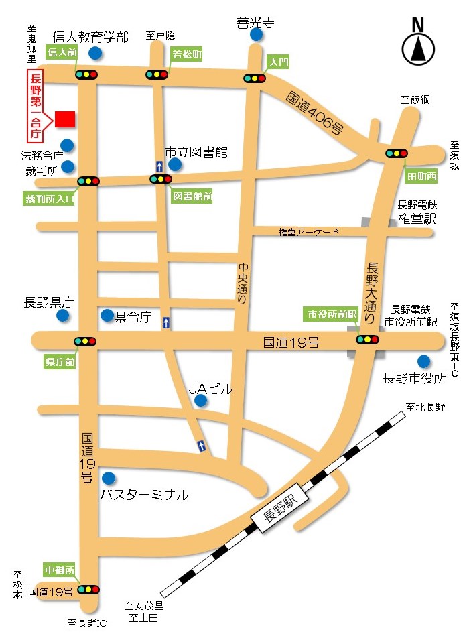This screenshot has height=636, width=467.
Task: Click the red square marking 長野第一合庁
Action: click(x=65, y=119)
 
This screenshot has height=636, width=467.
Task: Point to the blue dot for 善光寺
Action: click(x=255, y=35)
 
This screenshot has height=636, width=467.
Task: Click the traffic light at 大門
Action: click(x=255, y=79)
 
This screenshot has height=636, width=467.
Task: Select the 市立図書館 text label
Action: click(x=197, y=153)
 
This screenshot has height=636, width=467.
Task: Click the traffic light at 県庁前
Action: click(x=86, y=342)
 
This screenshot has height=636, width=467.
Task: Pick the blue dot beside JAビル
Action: click(x=200, y=401)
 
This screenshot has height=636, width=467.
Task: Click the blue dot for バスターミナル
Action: click(x=109, y=478)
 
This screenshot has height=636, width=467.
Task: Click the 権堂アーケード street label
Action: click(x=309, y=232)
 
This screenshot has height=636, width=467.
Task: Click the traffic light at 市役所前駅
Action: click(x=367, y=340)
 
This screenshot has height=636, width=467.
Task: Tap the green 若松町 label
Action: click(x=187, y=54)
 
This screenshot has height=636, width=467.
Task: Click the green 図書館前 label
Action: click(x=192, y=197)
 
